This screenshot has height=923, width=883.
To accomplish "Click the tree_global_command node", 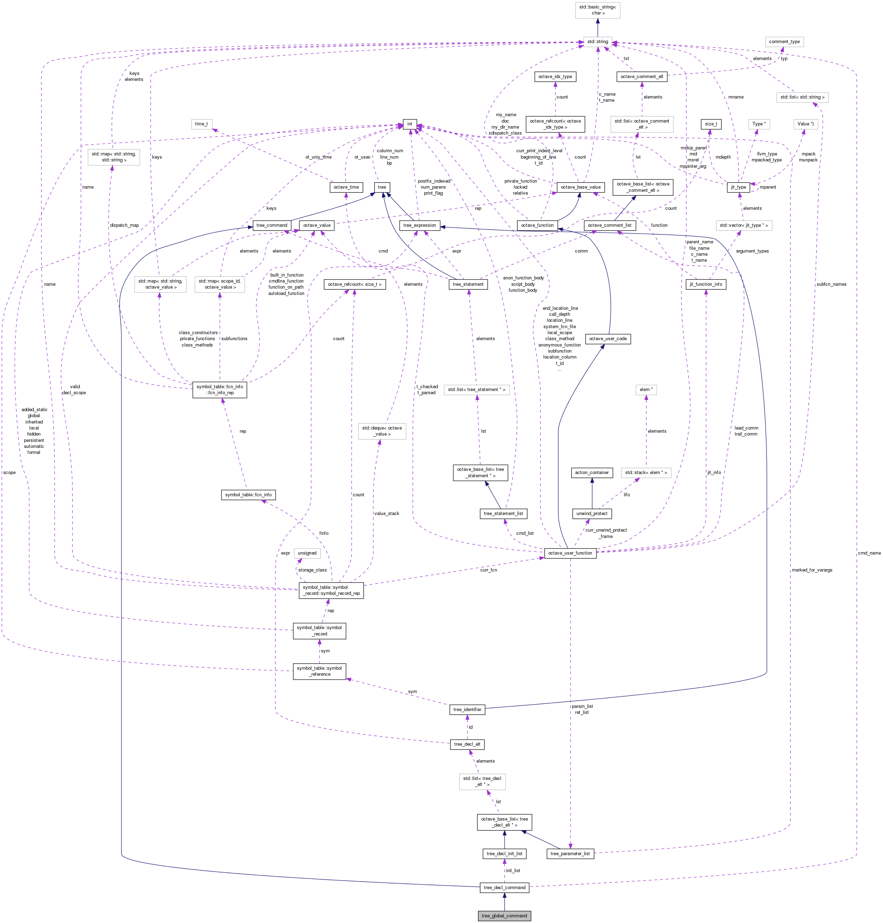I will click(504, 916).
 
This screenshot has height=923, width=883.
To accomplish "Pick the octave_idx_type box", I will click(555, 76).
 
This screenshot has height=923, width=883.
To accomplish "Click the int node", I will click(410, 124).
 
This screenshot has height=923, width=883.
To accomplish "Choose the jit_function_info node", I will click(705, 284).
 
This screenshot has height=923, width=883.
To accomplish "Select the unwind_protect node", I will click(592, 513).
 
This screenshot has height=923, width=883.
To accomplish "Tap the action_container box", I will click(592, 472).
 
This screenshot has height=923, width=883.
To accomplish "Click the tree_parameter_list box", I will click(570, 853).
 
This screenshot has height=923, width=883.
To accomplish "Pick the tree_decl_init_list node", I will click(504, 853).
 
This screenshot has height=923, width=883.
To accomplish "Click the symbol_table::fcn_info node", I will click(248, 495).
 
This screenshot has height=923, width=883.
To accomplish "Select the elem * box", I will click(646, 390).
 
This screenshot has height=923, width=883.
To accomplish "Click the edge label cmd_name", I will click(869, 553).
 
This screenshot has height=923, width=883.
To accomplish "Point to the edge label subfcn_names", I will click(831, 284).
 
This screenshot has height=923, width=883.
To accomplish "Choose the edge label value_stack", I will click(387, 513).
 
